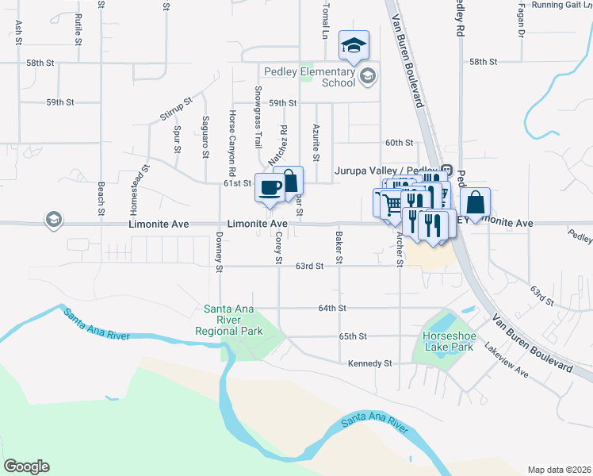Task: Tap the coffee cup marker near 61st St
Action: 269,187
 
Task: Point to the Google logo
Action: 26,466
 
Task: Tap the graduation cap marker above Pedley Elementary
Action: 354,45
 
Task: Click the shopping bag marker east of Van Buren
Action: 475,202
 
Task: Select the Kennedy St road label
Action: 370,363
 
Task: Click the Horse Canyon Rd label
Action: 232,144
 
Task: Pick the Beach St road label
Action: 101,198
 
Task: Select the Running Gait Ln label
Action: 562,5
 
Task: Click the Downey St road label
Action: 219,250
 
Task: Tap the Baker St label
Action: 339,248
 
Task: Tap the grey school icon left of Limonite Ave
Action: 53,220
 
